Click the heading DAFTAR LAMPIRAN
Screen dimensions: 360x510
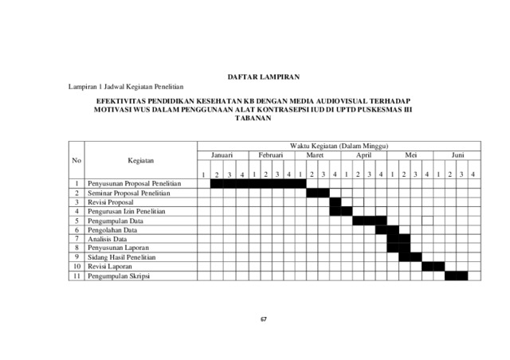point(263,76)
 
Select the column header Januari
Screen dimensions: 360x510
point(222,156)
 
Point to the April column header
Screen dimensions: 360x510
point(363,156)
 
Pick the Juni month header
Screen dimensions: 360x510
point(457,156)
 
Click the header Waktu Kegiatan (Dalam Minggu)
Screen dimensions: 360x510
point(339,147)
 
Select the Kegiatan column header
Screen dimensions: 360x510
point(140,161)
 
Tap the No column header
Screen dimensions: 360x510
point(76,161)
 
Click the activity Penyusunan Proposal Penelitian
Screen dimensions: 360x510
point(135,184)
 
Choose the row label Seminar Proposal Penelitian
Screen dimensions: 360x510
point(129,194)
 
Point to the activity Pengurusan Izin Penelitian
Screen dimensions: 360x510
point(127,212)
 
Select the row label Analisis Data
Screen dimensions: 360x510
point(108,239)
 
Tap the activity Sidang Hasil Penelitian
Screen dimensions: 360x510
point(122,257)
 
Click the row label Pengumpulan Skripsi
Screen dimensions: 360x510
point(119,276)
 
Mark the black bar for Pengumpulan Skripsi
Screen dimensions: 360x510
point(457,276)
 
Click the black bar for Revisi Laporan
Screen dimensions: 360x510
point(433,267)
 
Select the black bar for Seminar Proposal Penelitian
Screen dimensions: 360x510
point(318,194)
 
